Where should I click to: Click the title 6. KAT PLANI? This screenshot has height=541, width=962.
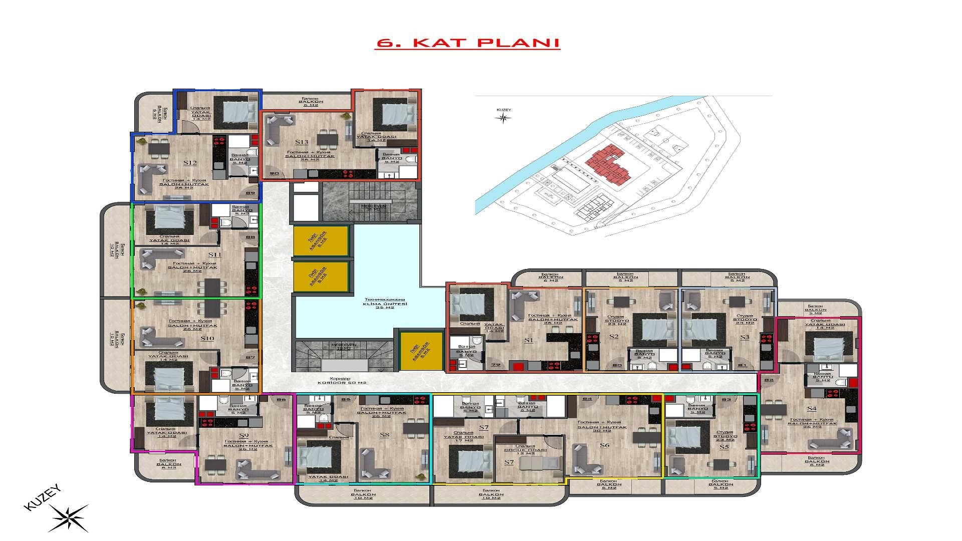tap(467, 43)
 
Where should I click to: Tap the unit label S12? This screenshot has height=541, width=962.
tap(190, 163)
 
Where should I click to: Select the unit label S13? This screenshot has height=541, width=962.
tap(302, 142)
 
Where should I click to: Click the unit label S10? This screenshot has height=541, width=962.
tap(207, 339)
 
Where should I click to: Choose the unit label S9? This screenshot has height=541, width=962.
tap(244, 435)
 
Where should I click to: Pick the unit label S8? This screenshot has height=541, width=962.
tap(384, 435)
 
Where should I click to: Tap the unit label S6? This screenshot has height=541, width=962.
tap(604, 445)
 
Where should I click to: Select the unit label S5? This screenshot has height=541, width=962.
tap(724, 447)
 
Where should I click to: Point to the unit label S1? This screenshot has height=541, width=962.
tap(528, 341)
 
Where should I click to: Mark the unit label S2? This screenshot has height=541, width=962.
tap(614, 337)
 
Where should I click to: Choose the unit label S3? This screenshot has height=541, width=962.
tap(744, 338)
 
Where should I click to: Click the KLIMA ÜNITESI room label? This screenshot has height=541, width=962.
tap(385, 304)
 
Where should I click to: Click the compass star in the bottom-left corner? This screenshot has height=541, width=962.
tap(68, 517)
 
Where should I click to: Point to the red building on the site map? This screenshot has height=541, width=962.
tap(608, 163)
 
